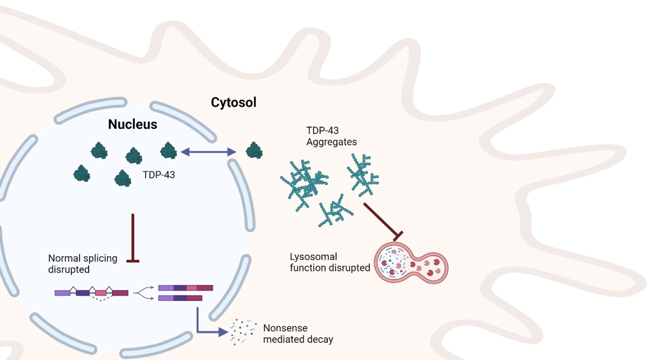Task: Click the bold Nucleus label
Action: tap(133, 124)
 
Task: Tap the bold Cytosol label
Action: tap(234, 103)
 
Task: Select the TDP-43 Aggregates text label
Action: tap(331, 136)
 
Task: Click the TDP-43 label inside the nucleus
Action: tap(159, 175)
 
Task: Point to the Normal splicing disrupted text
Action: tap(82, 264)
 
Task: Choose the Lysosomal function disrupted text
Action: tap(330, 262)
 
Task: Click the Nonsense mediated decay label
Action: tap(298, 334)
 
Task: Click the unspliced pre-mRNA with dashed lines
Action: tap(92, 293)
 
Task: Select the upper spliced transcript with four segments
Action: tap(186, 288)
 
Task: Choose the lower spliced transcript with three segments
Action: tap(180, 299)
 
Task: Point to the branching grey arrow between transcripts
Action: tap(143, 292)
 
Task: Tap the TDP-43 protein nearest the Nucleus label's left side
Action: tap(99, 151)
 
